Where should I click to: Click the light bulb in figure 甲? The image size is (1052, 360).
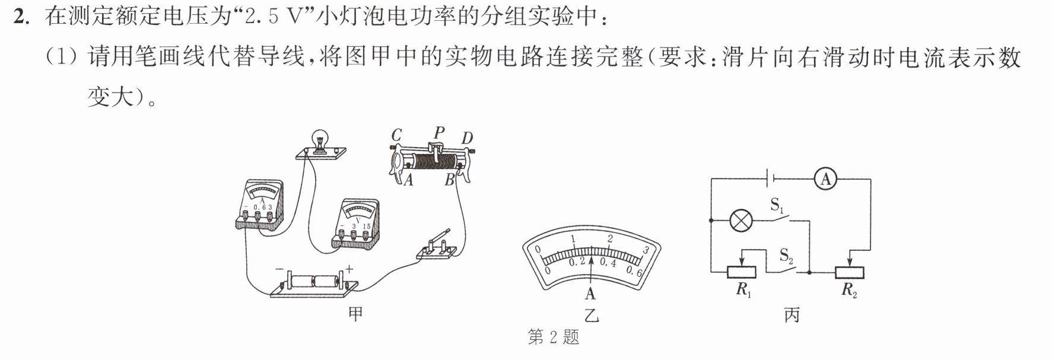point(321,142)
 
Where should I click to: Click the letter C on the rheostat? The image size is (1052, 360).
point(396,135)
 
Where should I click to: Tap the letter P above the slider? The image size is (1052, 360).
point(439,132)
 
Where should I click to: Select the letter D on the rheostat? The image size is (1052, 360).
point(468,139)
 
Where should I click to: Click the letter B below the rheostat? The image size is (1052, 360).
point(450,180)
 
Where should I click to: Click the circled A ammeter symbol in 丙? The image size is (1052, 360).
point(825,179)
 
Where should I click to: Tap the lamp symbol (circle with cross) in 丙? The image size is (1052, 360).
point(740,221)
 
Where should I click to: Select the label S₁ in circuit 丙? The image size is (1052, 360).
point(777,206)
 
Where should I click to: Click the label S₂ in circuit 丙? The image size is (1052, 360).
point(787,256)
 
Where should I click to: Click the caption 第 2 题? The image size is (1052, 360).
point(553,337)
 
